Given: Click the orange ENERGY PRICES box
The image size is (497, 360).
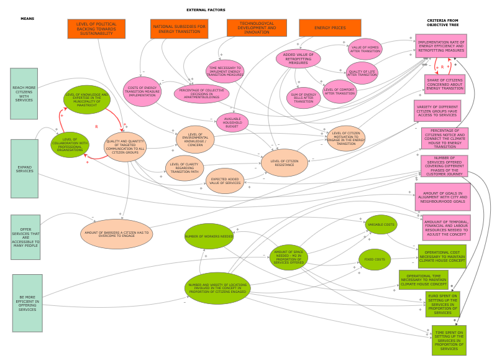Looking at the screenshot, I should pyautogui.click(x=330, y=28).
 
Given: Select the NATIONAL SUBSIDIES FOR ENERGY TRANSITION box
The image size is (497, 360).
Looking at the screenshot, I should pyautogui.click(x=179, y=29).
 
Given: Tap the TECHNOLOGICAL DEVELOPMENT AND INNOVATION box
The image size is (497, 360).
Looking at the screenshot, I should pyautogui.click(x=257, y=28).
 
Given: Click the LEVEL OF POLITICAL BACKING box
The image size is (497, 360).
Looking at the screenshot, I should pyautogui.click(x=96, y=29).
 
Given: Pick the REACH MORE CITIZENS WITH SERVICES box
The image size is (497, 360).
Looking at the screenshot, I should pyautogui.click(x=24, y=94).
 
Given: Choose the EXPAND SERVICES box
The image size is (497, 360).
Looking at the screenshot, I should pyautogui.click(x=25, y=169).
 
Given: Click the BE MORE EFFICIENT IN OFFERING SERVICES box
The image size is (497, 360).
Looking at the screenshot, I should pyautogui.click(x=27, y=303).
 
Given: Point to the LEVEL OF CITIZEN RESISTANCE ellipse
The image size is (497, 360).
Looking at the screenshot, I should pyautogui.click(x=284, y=163).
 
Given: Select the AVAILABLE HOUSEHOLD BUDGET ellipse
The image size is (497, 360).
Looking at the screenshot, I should pyautogui.click(x=232, y=122).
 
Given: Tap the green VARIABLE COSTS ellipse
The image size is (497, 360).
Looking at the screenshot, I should pyautogui.click(x=381, y=224).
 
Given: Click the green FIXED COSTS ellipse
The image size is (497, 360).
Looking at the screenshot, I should pyautogui.click(x=375, y=259).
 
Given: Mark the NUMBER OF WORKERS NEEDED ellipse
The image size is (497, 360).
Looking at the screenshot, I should pyautogui.click(x=209, y=236).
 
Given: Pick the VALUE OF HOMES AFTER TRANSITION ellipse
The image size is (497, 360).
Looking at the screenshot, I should pyautogui.click(x=365, y=49).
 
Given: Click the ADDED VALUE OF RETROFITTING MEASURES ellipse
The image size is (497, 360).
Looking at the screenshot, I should pyautogui.click(x=298, y=58).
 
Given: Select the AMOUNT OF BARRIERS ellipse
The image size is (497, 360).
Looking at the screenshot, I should pyautogui.click(x=117, y=234).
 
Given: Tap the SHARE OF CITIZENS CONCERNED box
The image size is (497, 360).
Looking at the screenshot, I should pyautogui.click(x=445, y=85).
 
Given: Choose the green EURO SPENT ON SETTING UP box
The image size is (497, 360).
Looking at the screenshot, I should pyautogui.click(x=442, y=304).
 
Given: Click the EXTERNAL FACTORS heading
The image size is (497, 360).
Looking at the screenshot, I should pyautogui.click(x=206, y=10).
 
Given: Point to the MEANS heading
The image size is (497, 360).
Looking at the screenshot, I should pyautogui.click(x=27, y=19).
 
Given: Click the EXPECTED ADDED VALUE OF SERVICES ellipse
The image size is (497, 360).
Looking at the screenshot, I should pyautogui.click(x=225, y=181).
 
